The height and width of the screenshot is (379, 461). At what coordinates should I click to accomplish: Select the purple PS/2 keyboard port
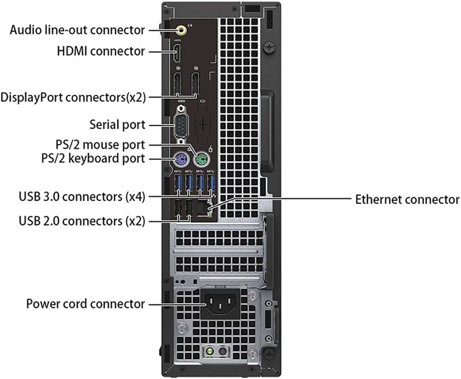179,159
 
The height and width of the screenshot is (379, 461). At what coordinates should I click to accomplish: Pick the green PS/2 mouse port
201,159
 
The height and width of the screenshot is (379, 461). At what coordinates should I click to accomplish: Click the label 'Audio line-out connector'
77,30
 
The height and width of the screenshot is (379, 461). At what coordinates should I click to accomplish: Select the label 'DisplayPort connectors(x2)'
73,98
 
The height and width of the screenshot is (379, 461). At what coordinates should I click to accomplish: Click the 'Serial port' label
117,125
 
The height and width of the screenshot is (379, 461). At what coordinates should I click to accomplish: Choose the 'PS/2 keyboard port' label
93,158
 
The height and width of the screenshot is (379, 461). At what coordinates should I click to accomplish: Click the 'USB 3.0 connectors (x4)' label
82,196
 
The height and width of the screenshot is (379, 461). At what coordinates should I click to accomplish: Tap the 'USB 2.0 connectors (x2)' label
82,220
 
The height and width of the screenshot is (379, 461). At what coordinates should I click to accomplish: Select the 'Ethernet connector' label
407,199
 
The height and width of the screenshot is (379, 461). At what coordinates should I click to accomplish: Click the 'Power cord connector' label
85,304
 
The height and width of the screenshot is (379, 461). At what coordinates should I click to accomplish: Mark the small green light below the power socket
206,353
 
